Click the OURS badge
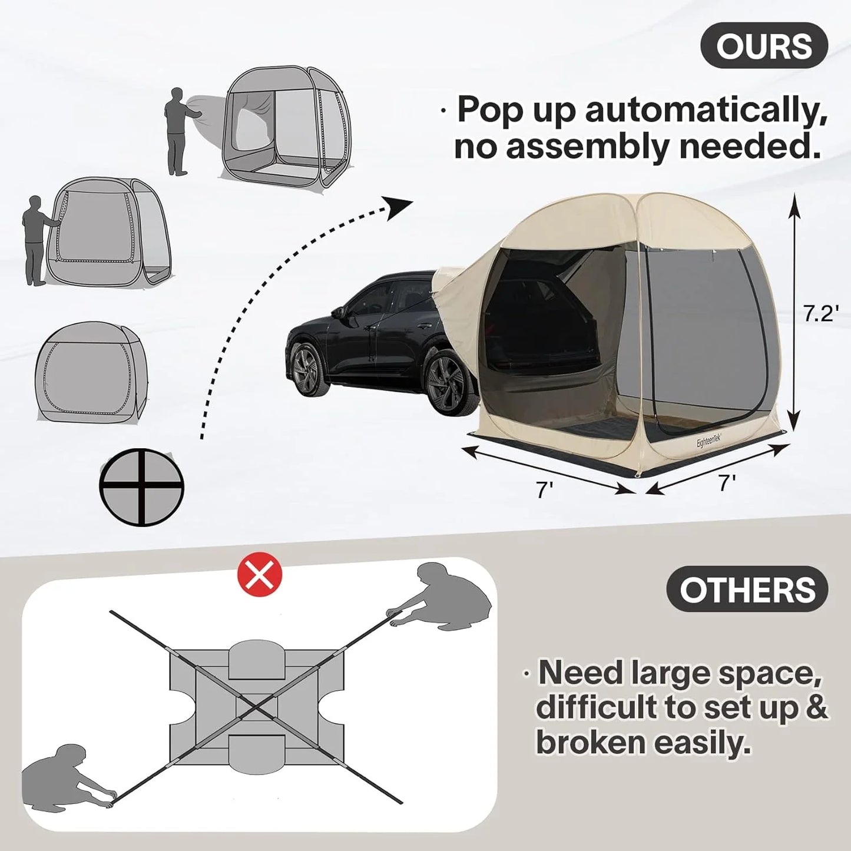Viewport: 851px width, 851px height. pyautogui.click(x=764, y=45)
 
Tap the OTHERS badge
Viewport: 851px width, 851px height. pyautogui.click(x=747, y=588)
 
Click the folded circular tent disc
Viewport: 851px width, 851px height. pyautogui.click(x=141, y=487)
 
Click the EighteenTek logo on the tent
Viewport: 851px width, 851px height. pyautogui.click(x=713, y=439)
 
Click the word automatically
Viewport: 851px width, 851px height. pyautogui.click(x=706, y=110)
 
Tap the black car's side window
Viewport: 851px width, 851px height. pyautogui.click(x=377, y=300)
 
